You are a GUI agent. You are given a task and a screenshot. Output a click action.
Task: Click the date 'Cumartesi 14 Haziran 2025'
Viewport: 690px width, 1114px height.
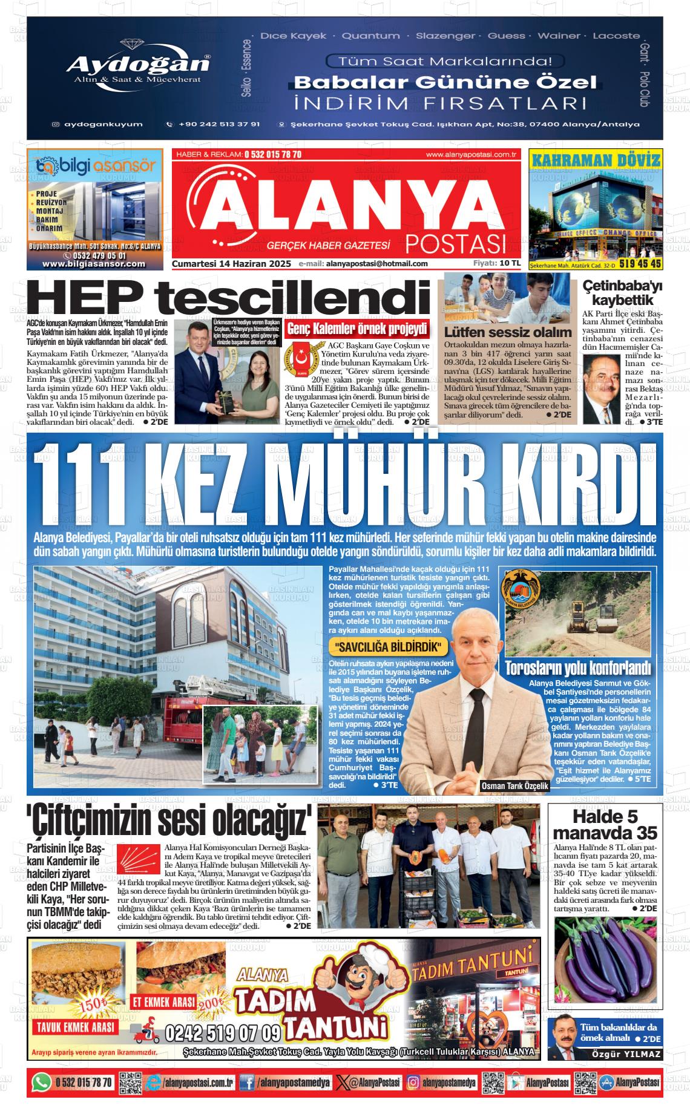[232, 264]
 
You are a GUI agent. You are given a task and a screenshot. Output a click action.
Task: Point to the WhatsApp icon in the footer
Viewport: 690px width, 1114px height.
[41, 1082]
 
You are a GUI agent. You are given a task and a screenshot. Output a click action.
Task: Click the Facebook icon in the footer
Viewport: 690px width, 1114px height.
[246, 1082]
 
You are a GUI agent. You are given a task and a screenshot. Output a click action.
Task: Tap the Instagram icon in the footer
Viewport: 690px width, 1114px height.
[413, 1082]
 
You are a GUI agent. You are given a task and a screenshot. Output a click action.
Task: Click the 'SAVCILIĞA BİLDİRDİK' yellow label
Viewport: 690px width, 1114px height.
[387, 647]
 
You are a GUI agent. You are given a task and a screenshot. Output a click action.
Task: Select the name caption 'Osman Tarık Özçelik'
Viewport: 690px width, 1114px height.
[514, 785]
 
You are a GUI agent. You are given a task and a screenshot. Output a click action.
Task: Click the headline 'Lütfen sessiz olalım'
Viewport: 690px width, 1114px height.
[507, 332]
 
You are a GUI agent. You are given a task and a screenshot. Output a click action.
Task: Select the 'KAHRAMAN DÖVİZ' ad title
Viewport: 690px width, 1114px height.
[595, 160]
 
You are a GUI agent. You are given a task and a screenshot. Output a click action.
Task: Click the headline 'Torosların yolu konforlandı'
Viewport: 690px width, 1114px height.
[578, 669]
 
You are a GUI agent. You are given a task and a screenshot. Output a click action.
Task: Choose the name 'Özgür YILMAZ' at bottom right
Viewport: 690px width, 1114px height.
[626, 1055]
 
